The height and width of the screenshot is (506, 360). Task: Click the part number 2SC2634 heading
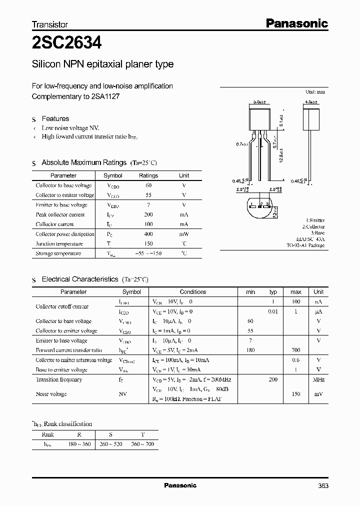point(67,43)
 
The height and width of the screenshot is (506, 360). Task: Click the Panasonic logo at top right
point(296,23)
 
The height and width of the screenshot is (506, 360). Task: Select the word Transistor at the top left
point(50,24)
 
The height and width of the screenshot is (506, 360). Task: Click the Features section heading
point(55,118)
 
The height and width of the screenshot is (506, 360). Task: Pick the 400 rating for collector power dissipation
point(148,234)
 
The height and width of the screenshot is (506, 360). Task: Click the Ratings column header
point(148,175)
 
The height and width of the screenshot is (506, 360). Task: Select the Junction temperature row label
point(59,243)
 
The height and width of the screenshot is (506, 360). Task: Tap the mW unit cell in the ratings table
point(184,234)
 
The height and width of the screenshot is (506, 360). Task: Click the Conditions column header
point(193,291)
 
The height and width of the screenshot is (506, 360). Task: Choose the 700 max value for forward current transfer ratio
point(295,350)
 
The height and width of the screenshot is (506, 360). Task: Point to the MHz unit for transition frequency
point(318,380)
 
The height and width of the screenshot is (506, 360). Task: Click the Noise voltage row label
point(51,394)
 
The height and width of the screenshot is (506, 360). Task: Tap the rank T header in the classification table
point(143,434)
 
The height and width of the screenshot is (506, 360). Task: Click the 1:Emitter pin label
point(315,220)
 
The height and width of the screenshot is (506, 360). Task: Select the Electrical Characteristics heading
point(80,279)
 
